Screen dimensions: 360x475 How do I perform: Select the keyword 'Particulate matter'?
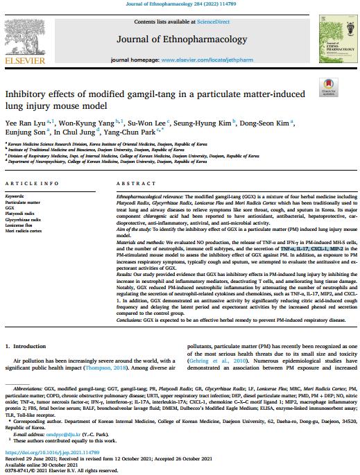[x=23, y=202]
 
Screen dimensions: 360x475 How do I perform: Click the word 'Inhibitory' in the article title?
[x=28, y=93]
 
